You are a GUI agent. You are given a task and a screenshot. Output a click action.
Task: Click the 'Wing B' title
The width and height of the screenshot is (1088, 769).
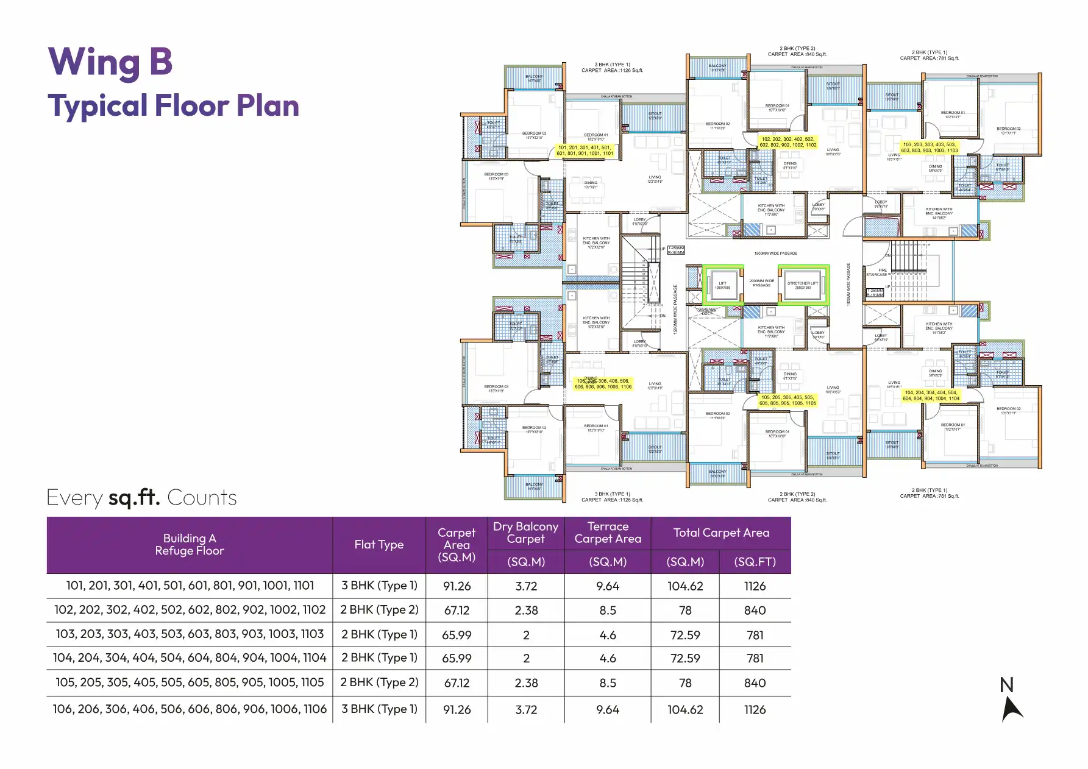coord(110,62)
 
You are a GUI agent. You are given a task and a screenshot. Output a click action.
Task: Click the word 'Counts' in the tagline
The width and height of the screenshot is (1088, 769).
coord(202,498)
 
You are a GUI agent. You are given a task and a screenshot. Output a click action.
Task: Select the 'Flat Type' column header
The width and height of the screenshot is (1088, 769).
coord(379,545)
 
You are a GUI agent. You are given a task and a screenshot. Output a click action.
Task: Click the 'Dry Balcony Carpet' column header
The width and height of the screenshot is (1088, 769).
coord(525,533)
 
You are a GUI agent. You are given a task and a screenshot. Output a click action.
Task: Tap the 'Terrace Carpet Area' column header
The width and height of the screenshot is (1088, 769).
coord(607,533)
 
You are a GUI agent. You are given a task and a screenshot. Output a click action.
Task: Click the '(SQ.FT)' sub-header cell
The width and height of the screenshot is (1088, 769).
coord(755,562)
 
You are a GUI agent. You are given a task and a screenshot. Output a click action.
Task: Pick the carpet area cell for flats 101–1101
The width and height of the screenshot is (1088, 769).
coord(457,586)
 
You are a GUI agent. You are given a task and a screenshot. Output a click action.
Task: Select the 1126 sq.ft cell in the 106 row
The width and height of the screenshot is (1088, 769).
coord(755,710)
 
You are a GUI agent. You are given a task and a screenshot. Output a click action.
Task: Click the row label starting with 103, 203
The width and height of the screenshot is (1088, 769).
coord(190,634)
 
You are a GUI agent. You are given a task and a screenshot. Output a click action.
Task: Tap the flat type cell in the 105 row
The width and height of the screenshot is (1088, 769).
coord(379,682)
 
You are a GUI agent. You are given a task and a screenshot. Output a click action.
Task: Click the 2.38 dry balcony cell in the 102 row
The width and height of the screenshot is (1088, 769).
coord(525,611)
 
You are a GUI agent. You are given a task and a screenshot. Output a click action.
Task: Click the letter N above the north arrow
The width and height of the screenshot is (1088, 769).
coord(1006,685)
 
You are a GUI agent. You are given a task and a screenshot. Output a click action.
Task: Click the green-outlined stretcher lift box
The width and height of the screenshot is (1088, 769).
coord(803,285)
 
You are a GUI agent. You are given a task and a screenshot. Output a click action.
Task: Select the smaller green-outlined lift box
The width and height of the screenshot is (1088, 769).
coord(722,285)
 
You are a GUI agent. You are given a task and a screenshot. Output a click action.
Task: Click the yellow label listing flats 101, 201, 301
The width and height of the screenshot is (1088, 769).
coord(585,151)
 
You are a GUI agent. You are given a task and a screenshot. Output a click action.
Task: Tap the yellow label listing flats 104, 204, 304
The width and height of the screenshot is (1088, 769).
coord(930,395)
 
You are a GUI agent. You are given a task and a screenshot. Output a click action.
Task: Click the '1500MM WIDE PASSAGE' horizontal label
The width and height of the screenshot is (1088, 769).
coord(775,253)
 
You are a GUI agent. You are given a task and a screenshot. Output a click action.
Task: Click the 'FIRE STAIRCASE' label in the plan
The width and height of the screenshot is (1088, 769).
coord(877,272)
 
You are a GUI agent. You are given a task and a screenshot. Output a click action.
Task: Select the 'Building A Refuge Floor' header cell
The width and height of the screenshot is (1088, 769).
coord(190,545)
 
